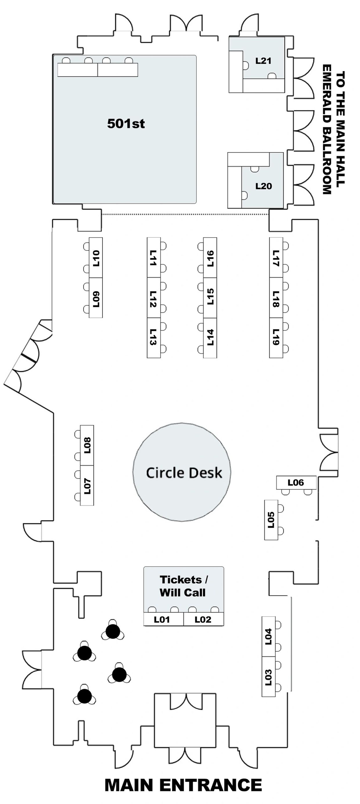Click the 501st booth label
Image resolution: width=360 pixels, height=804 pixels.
(x=126, y=124)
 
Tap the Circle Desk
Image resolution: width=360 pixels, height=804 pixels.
(x=182, y=472)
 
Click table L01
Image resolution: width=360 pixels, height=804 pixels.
(x=163, y=619)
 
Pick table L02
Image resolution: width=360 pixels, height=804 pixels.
(x=204, y=619)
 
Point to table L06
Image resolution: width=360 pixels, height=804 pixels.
(x=296, y=482)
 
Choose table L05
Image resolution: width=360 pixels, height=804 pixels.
(x=271, y=520)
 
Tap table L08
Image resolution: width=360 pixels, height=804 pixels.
(x=87, y=445)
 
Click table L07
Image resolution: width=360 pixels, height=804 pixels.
(x=87, y=485)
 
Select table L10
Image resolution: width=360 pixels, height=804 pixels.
(x=96, y=257)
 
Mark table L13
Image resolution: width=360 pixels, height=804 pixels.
(x=154, y=338)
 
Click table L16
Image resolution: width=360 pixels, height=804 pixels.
(x=210, y=257)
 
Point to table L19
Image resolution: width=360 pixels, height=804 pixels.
(x=276, y=338)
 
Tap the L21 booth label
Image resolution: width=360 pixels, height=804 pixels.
(x=263, y=61)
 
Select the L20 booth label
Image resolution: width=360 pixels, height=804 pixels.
(x=264, y=186)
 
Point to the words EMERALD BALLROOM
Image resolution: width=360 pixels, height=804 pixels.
(x=327, y=130)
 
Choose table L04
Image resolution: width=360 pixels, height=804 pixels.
(x=269, y=636)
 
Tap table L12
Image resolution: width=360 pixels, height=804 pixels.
(x=154, y=298)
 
